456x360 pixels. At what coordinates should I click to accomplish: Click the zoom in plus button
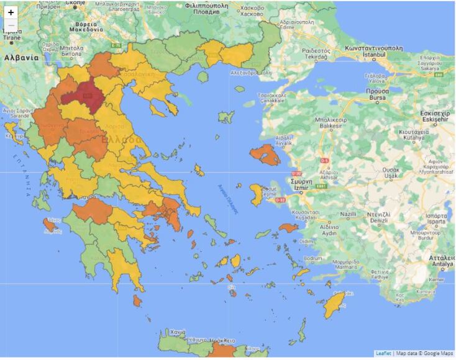coord(11,12)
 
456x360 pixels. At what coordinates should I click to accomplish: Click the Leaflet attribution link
coord(383,354)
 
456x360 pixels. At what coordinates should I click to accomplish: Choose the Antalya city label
coord(442,262)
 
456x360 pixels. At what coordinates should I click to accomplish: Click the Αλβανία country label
coord(21,57)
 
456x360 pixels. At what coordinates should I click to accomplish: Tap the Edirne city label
coord(287,26)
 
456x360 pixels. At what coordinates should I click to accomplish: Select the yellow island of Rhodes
coord(336,305)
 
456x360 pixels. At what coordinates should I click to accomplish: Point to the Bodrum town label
coord(312,258)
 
